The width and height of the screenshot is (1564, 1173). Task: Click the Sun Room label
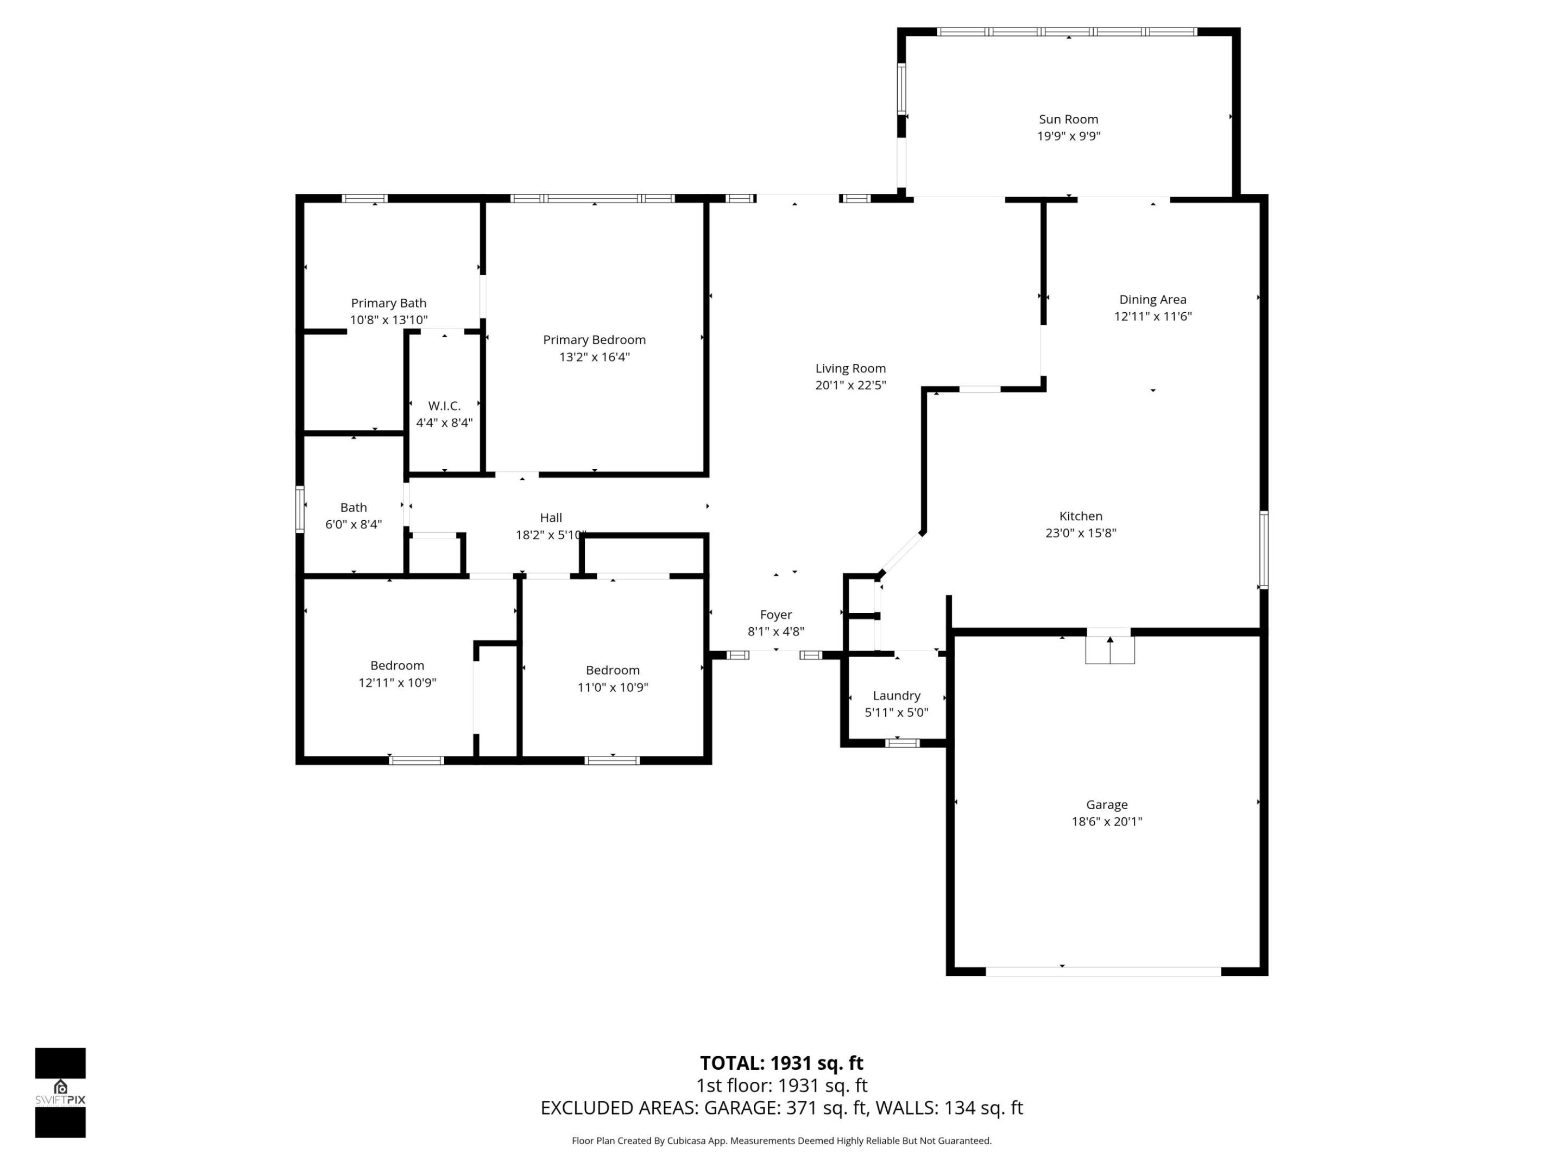1068,119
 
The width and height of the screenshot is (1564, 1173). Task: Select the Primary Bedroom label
594,340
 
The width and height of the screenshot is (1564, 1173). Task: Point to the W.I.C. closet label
444,406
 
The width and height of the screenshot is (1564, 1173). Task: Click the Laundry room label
896,696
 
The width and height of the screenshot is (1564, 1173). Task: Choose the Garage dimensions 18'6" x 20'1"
1107,822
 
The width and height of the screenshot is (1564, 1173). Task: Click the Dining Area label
1152,300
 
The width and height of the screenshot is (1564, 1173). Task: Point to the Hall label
551,518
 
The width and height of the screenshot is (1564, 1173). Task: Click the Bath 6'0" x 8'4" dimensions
354,525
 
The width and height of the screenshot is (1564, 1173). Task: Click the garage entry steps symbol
1110,649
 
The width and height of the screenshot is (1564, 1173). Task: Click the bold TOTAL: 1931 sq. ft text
781,1063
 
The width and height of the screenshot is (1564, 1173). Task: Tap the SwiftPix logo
60,1093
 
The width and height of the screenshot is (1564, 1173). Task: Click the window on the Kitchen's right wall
1264,550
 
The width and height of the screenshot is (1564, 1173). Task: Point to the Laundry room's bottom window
903,743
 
